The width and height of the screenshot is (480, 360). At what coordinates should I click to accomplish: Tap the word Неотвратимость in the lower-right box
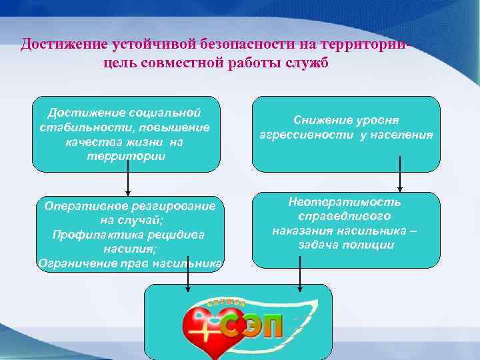click(x=345, y=201)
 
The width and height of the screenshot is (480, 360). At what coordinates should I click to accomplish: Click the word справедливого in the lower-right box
click(x=345, y=216)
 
